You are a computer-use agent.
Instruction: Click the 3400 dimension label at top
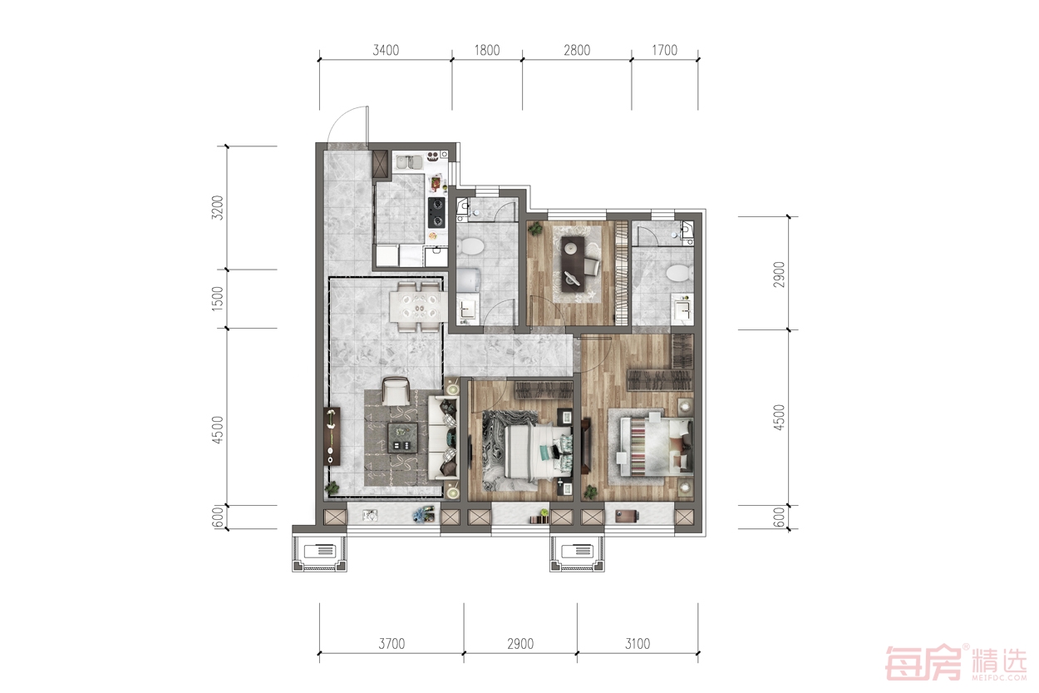(386, 50)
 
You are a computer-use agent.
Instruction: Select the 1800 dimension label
(487, 50)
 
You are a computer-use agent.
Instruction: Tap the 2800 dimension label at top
(577, 50)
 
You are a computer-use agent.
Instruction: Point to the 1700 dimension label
(665, 50)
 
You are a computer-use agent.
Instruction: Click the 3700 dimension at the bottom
(392, 644)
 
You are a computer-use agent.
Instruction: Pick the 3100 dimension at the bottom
(638, 644)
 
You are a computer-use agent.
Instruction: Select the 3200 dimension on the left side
(217, 207)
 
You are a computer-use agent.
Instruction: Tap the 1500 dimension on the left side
(217, 299)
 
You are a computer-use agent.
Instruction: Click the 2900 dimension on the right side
(779, 275)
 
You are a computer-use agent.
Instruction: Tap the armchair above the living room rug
(396, 391)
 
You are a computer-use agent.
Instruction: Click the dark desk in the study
(574, 264)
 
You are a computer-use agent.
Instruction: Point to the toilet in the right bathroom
(679, 273)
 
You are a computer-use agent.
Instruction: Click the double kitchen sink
(409, 162)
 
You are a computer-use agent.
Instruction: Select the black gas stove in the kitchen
(436, 213)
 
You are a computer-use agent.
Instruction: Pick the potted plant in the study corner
(536, 229)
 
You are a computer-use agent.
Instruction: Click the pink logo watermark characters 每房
(925, 663)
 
